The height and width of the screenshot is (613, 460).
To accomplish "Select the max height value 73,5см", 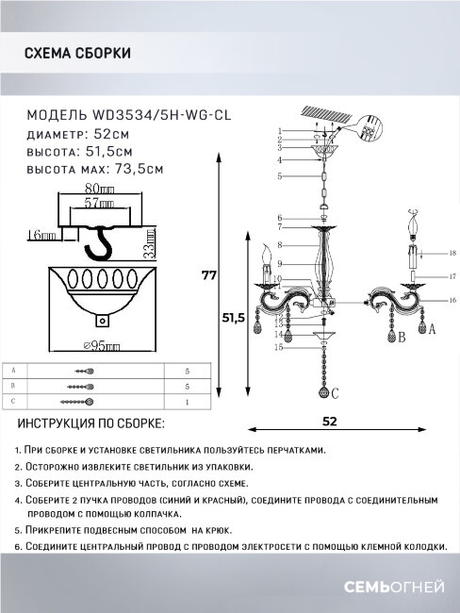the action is point(141,169).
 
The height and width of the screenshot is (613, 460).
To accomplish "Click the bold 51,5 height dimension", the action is point(234,320).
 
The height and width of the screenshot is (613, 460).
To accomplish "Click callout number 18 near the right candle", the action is point(452,254).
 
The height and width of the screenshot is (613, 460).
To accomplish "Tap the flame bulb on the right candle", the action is point(413,226).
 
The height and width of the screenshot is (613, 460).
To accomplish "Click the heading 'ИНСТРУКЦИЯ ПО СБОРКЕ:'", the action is point(90,424).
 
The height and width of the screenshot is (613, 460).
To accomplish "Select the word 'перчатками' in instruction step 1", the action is point(294,450).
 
